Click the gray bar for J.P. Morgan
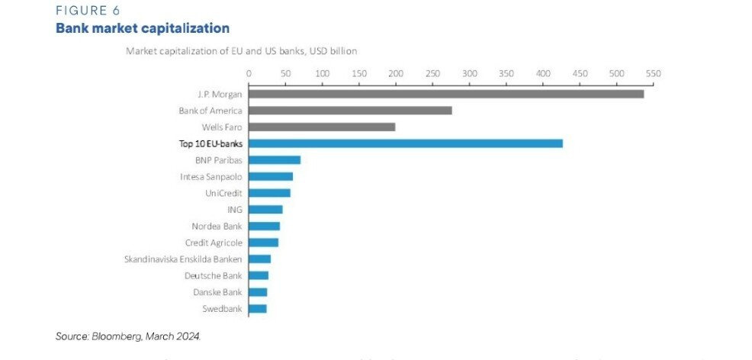(x=446, y=94)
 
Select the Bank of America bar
(x=350, y=111)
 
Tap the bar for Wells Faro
(x=322, y=127)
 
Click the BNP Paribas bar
(x=275, y=160)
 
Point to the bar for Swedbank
(x=258, y=309)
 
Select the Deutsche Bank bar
(x=259, y=275)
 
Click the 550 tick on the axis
(x=653, y=73)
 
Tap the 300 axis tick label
(x=469, y=73)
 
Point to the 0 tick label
(x=249, y=73)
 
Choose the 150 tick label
(x=358, y=73)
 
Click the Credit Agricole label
(x=214, y=243)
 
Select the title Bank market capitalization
(x=142, y=29)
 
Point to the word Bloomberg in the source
(x=117, y=336)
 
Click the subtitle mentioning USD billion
(x=240, y=50)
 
